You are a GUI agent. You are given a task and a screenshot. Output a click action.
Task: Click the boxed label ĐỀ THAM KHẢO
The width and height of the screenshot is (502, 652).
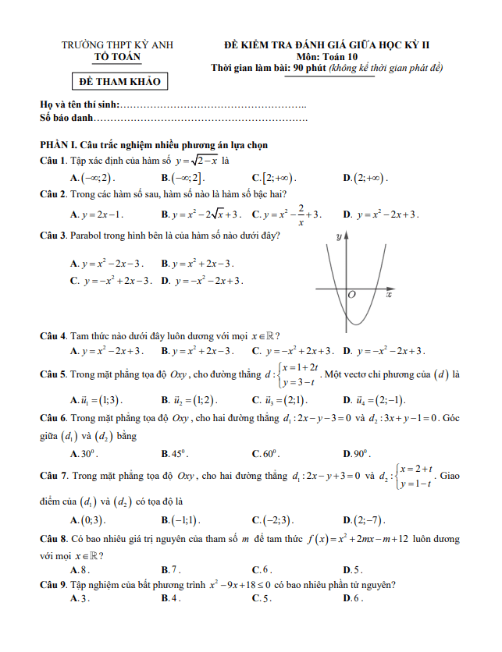[118, 82]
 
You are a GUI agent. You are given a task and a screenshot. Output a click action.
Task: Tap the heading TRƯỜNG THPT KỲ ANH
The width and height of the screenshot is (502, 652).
[118, 46]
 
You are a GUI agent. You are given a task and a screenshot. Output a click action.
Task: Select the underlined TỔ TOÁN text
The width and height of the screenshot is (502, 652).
[118, 57]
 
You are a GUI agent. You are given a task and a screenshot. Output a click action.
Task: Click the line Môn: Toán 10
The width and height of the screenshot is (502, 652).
[327, 57]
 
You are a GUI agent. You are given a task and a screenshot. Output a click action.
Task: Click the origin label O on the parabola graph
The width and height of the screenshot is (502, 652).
[351, 296]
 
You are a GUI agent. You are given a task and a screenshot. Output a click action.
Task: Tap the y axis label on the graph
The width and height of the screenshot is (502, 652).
[338, 236]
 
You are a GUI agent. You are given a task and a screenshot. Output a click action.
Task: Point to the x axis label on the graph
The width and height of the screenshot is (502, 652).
[388, 296]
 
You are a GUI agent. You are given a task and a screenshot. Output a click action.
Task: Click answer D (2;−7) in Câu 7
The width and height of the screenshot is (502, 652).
[363, 520]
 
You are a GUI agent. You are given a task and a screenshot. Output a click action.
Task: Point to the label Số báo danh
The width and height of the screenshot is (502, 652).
[66, 118]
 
